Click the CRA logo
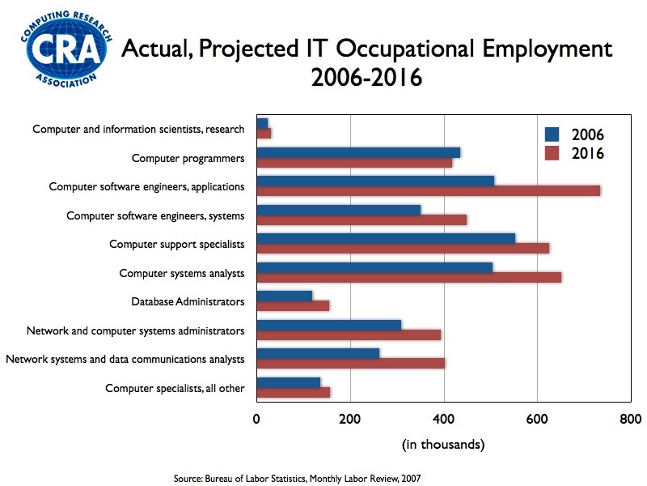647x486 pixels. point(66,49)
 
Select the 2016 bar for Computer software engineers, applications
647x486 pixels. point(429,191)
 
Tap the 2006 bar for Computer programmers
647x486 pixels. point(358,152)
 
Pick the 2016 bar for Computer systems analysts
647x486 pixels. point(409,277)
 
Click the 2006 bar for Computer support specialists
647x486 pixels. point(387,239)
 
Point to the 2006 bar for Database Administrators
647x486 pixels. point(285,296)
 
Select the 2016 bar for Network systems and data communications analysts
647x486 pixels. point(351,363)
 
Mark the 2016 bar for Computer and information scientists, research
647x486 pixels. point(264,133)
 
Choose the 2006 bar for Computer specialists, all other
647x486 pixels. point(289,382)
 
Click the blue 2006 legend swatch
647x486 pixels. point(552,134)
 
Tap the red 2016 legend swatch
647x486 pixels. point(552,153)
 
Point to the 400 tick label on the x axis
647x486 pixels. point(443,419)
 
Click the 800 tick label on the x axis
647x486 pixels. point(631,419)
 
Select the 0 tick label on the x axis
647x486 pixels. point(256,419)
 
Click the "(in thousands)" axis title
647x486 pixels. point(443,445)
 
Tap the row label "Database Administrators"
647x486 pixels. point(188,301)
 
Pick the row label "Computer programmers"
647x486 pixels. point(188,158)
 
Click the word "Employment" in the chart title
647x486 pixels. point(548,49)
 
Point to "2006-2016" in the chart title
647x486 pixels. point(367,77)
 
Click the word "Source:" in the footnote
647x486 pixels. point(188,479)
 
